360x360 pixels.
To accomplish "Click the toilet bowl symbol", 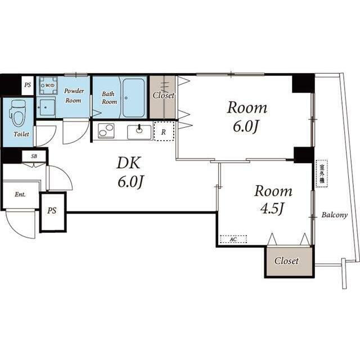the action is (x=17, y=114).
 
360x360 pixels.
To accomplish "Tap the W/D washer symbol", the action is (x=48, y=85).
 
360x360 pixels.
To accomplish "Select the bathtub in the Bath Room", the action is (x=133, y=98).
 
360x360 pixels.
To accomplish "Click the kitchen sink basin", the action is (x=139, y=132).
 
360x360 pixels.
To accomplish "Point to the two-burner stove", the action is (x=106, y=131).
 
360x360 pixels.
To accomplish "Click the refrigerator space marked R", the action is (x=164, y=131).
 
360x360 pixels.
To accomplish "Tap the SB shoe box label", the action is (x=34, y=156).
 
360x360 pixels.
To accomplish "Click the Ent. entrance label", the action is (x=20, y=195).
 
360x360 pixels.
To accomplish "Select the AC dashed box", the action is (x=233, y=239).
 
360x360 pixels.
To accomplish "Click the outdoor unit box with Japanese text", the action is (x=322, y=174).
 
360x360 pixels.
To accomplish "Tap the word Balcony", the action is (x=334, y=215).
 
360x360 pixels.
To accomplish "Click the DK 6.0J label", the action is (x=130, y=172).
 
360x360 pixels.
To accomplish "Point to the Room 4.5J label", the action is (x=273, y=199).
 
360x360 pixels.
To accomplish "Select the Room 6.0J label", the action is (x=247, y=117).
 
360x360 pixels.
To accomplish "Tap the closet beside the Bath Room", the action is (x=163, y=97).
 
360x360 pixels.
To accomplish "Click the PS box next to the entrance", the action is (x=53, y=212).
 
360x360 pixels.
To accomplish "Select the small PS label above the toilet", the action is (x=28, y=85).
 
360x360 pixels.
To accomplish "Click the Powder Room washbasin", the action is (x=46, y=107).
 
